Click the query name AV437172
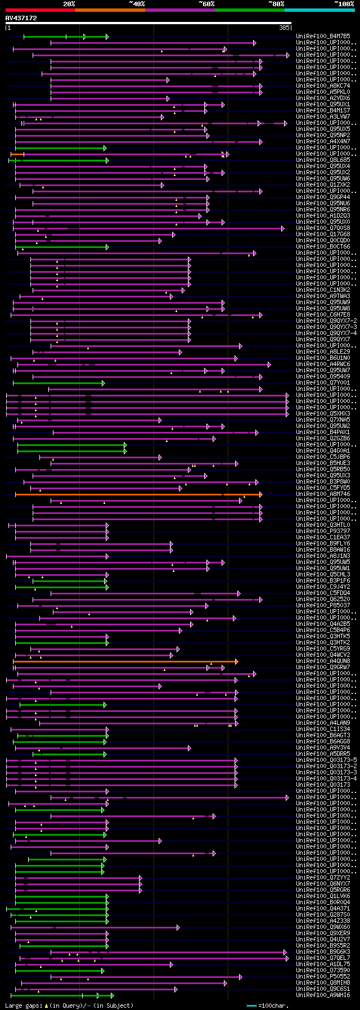pyautogui.click(x=21, y=18)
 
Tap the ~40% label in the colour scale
pyautogui.click(x=137, y=4)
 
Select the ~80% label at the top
pyautogui.click(x=276, y=4)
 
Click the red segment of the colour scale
pyautogui.click(x=40, y=10)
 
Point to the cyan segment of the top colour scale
pyautogui.click(x=319, y=10)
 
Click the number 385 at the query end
pyautogui.click(x=284, y=28)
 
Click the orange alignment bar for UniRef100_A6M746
pyautogui.click(x=138, y=495)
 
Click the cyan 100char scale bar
pyautogui.click(x=251, y=1006)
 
